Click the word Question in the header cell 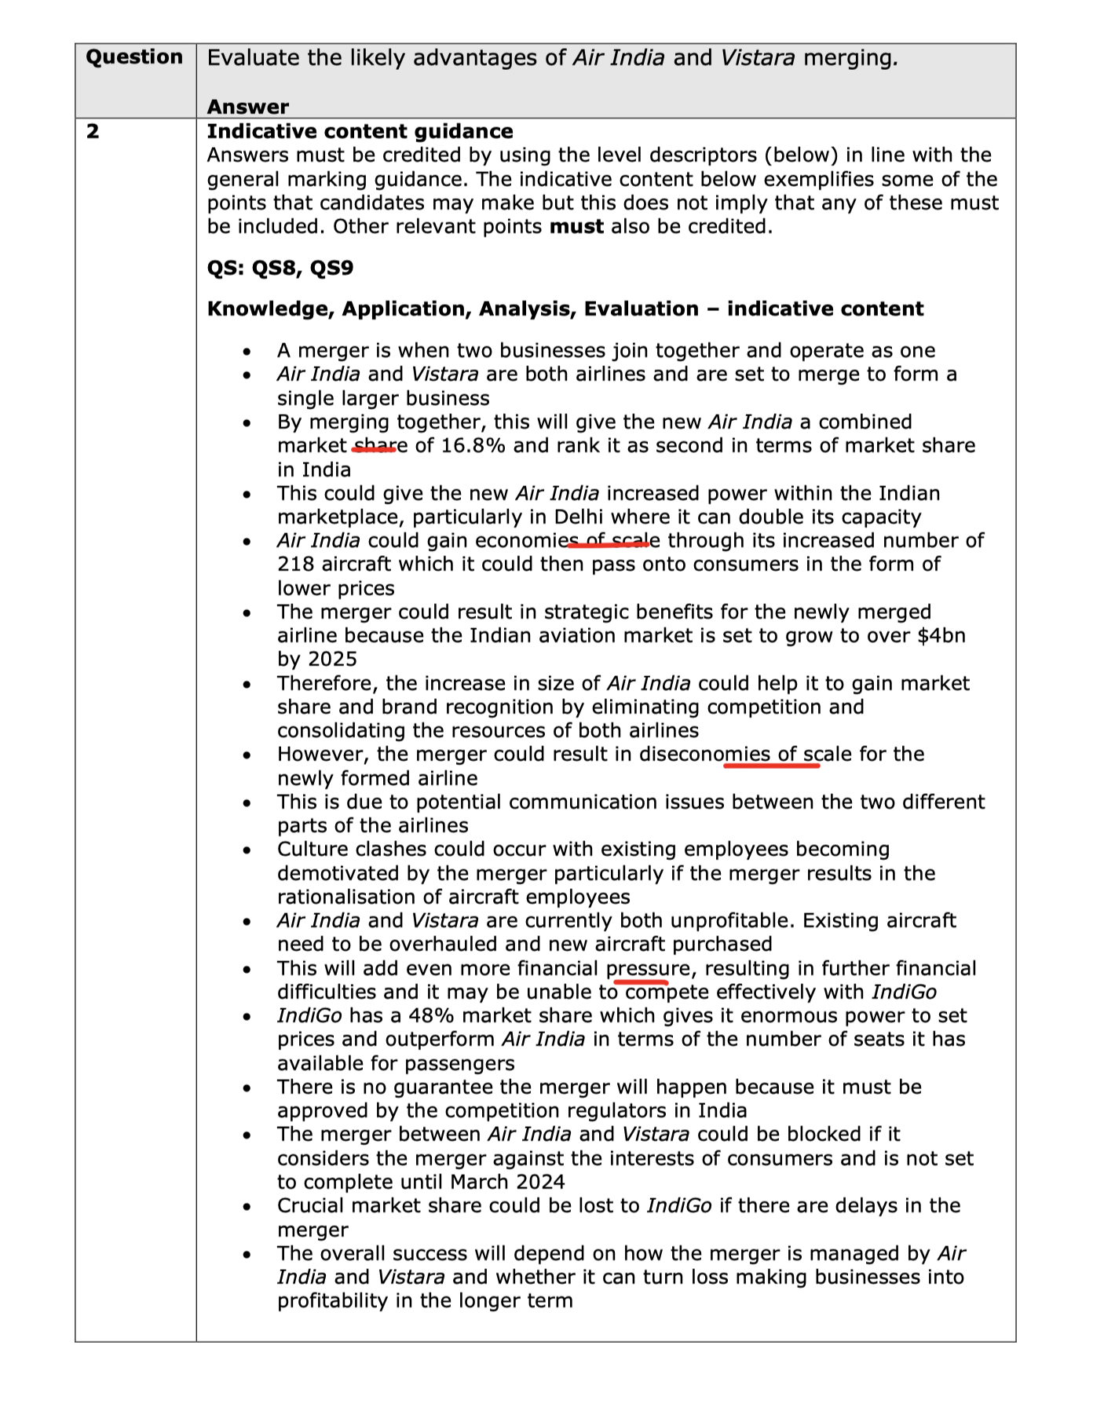click(x=134, y=57)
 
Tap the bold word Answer click(x=248, y=107)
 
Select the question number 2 click(x=93, y=131)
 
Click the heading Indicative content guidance click(x=360, y=131)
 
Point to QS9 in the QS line click(x=331, y=268)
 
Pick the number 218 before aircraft click(x=295, y=565)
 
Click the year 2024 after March click(x=539, y=1182)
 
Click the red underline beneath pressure click(x=640, y=982)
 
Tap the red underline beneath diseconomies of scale click(x=771, y=766)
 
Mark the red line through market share click(x=374, y=449)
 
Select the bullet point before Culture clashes click(x=247, y=850)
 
